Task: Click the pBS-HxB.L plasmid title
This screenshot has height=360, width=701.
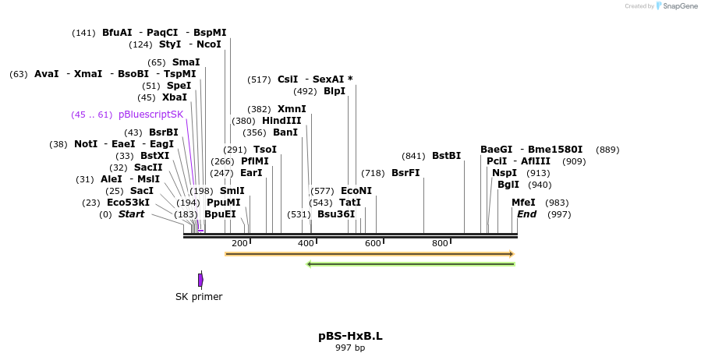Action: (350, 337)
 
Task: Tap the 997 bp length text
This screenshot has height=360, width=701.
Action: (350, 348)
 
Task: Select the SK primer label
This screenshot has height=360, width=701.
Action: (199, 297)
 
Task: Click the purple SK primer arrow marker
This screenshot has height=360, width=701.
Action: (200, 279)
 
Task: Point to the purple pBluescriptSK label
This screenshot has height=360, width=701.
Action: (150, 115)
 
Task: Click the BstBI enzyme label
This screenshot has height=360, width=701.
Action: (447, 156)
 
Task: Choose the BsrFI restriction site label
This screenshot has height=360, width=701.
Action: (405, 173)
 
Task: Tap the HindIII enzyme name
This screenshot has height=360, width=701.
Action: (281, 121)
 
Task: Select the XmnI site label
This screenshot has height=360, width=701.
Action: (292, 109)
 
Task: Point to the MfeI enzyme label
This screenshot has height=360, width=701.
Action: (523, 203)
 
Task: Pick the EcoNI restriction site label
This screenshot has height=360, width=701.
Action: (356, 191)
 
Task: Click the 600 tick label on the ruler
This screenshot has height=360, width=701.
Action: (373, 244)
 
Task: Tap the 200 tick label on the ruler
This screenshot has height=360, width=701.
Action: (239, 244)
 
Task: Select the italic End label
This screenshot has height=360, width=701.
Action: (527, 214)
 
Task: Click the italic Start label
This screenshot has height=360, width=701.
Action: (131, 214)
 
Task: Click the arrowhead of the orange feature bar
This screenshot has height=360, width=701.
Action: (511, 254)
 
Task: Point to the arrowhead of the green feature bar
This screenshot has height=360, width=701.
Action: (310, 264)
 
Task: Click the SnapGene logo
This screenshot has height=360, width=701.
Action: (676, 6)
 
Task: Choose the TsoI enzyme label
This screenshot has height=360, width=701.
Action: (265, 150)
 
